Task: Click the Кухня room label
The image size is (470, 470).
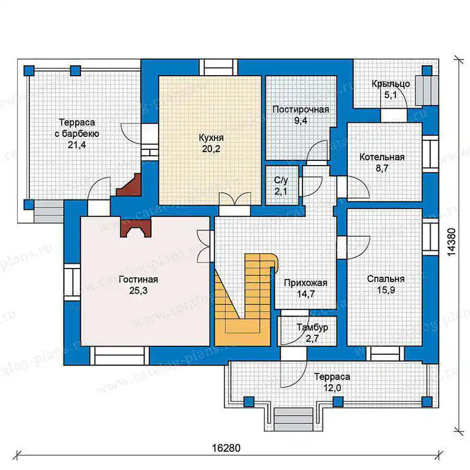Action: click(211, 138)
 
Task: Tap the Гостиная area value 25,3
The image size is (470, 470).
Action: click(139, 290)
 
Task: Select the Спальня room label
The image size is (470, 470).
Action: click(386, 279)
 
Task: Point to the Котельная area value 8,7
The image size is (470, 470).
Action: click(382, 168)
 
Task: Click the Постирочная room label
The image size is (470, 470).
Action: click(301, 110)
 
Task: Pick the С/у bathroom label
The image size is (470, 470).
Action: click(281, 180)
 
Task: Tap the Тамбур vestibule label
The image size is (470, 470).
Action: click(313, 327)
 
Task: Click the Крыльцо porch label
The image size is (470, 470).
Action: click(391, 84)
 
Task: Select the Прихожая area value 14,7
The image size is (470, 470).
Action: click(305, 294)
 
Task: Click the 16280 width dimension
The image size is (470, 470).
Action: click(226, 448)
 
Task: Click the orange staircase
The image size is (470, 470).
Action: click(246, 300)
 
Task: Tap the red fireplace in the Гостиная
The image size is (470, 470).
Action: click(135, 228)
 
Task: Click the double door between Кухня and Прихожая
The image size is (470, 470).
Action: click(234, 204)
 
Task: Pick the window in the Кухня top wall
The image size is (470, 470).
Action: click(218, 67)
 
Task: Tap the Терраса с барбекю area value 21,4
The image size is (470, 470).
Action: click(77, 145)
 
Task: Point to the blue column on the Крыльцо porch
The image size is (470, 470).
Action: click(427, 70)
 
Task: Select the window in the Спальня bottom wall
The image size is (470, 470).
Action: click(385, 354)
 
